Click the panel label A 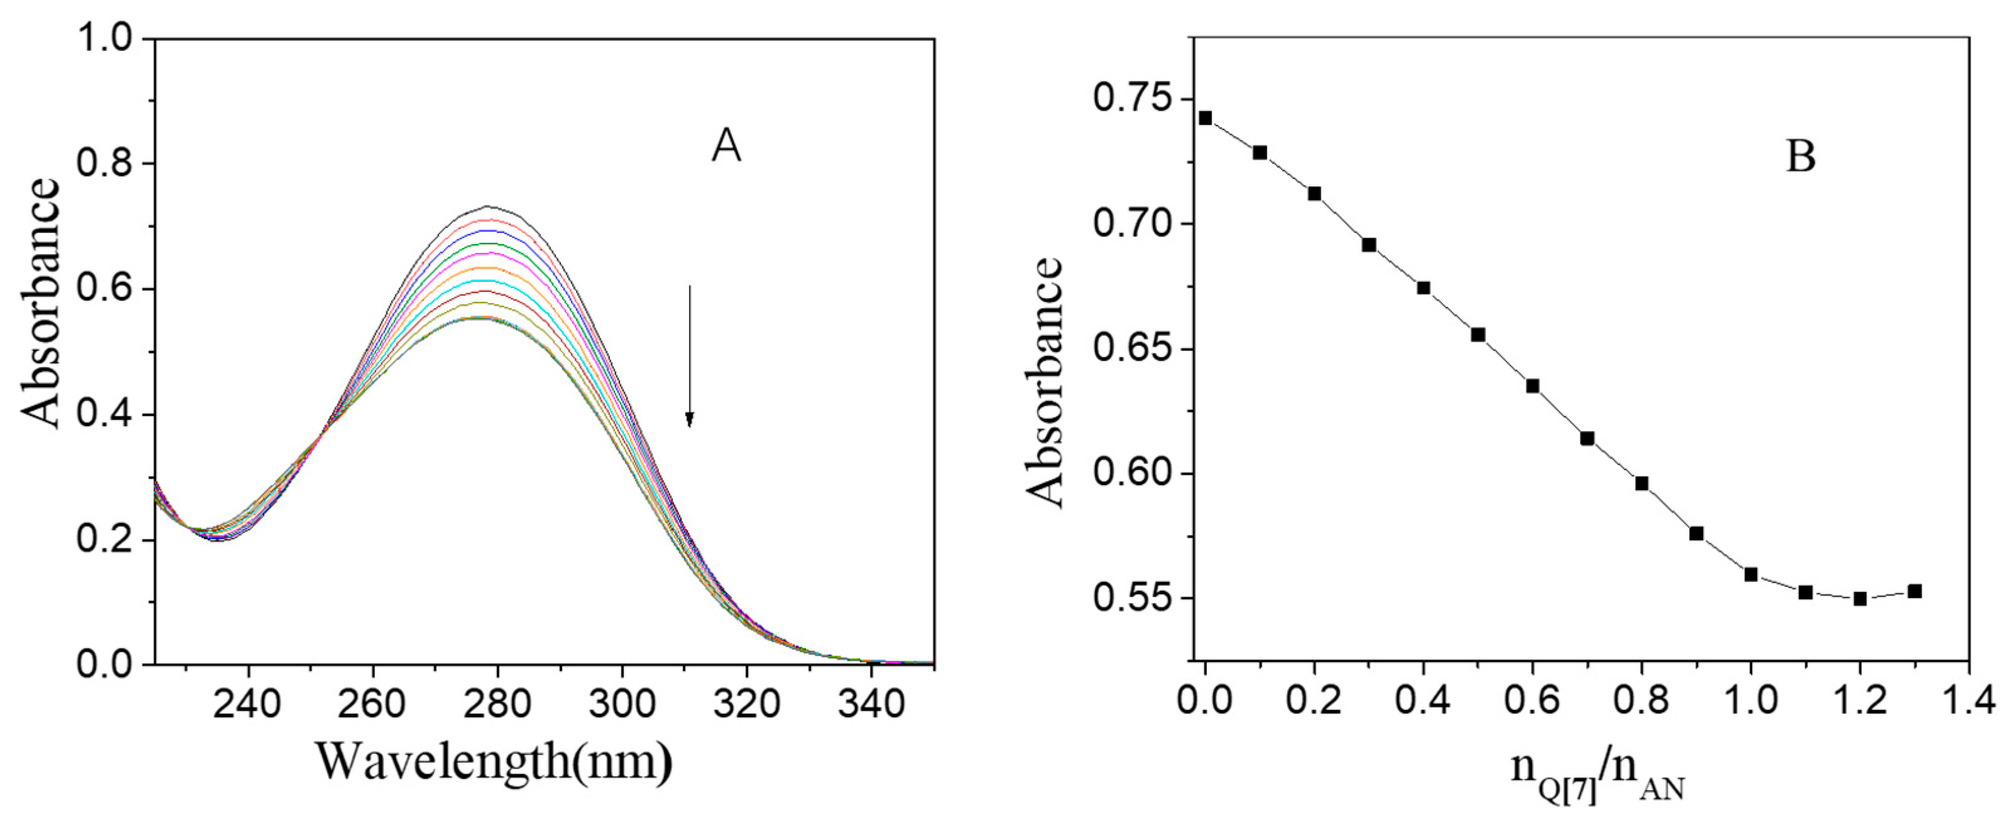tap(726, 147)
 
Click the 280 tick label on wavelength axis tap(496, 704)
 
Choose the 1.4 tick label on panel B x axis tap(1968, 700)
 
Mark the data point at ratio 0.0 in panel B tap(1205, 118)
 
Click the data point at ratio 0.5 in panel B tap(1478, 335)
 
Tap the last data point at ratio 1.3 tap(1915, 592)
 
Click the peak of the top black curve tap(489, 206)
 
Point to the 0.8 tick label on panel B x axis tap(1642, 700)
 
